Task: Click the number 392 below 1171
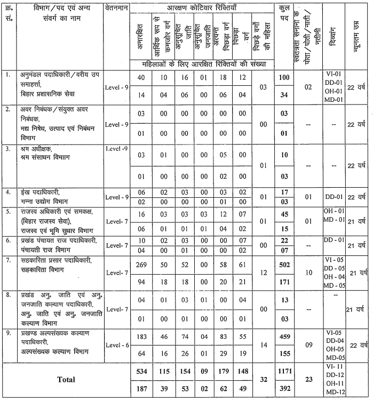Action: [x=284, y=388]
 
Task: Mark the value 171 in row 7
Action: [x=284, y=280]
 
